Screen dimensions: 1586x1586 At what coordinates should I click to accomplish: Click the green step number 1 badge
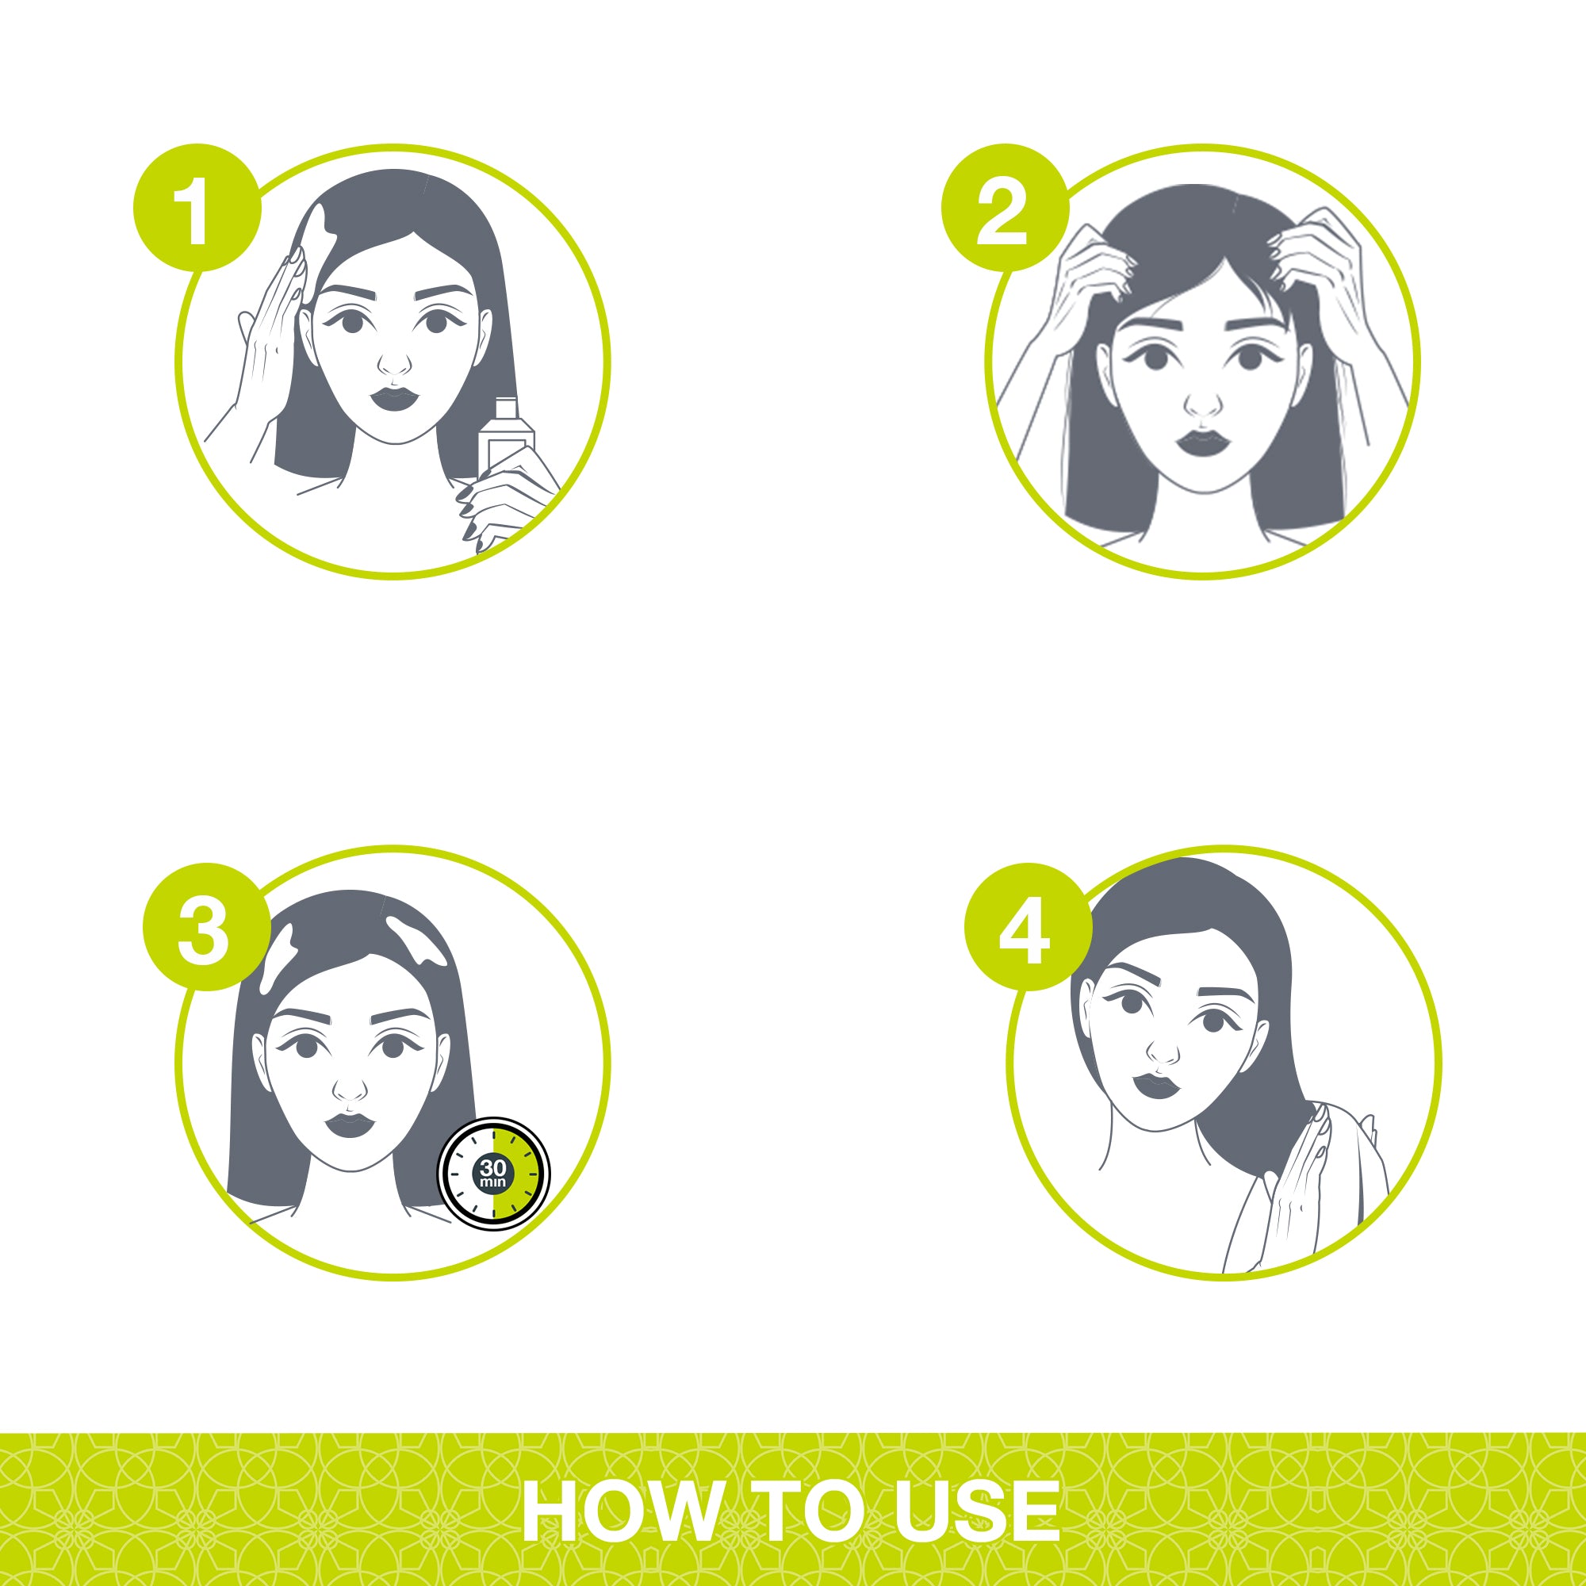[x=197, y=209]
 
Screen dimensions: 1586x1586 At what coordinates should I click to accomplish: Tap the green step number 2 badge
[x=1005, y=209]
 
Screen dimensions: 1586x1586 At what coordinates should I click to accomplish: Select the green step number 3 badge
[x=206, y=927]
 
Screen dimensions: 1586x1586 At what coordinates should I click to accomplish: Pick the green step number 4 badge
[x=1028, y=927]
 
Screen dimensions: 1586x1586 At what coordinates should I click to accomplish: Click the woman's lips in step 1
[x=395, y=400]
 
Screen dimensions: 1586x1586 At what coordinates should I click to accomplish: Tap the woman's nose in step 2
[x=1204, y=401]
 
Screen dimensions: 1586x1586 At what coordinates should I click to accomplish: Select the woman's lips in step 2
[x=1201, y=444]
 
